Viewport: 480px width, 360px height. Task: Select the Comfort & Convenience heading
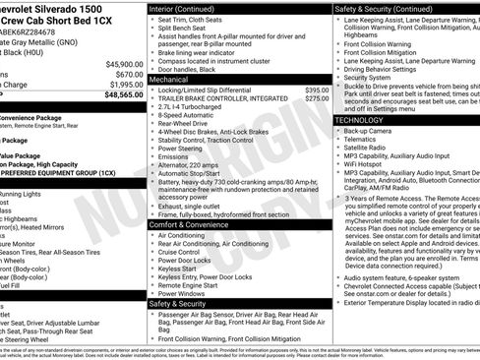point(190,225)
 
